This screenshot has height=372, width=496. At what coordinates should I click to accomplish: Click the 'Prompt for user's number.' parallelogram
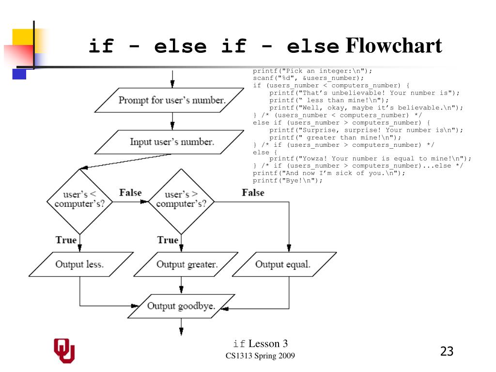pyautogui.click(x=172, y=100)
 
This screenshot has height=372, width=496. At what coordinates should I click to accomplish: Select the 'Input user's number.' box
pyautogui.click(x=172, y=142)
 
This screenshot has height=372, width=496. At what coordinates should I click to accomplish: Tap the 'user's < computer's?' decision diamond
pyautogui.click(x=79, y=199)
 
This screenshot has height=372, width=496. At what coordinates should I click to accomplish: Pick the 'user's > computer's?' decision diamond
pyautogui.click(x=181, y=199)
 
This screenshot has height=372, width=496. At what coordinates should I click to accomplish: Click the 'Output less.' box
pyautogui.click(x=79, y=264)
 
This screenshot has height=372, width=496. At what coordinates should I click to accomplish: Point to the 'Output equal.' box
pyautogui.click(x=283, y=264)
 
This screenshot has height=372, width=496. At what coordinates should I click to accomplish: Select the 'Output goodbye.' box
pyautogui.click(x=181, y=306)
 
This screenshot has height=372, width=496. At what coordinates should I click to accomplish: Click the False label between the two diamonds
pyautogui.click(x=130, y=193)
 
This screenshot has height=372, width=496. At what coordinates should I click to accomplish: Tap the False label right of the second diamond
pyautogui.click(x=253, y=193)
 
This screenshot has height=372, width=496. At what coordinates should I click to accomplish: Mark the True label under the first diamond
pyautogui.click(x=66, y=240)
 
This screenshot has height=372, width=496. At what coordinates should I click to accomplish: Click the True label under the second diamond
pyautogui.click(x=168, y=240)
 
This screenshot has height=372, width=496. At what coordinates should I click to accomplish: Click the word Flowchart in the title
pyautogui.click(x=393, y=46)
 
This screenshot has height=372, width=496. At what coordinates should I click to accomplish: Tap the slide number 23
pyautogui.click(x=447, y=351)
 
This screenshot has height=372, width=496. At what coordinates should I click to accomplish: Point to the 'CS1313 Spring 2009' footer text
pyautogui.click(x=260, y=356)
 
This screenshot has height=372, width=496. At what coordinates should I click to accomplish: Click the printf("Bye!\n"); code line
pyautogui.click(x=287, y=181)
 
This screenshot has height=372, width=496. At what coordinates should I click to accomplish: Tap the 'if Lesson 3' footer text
pyautogui.click(x=260, y=344)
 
